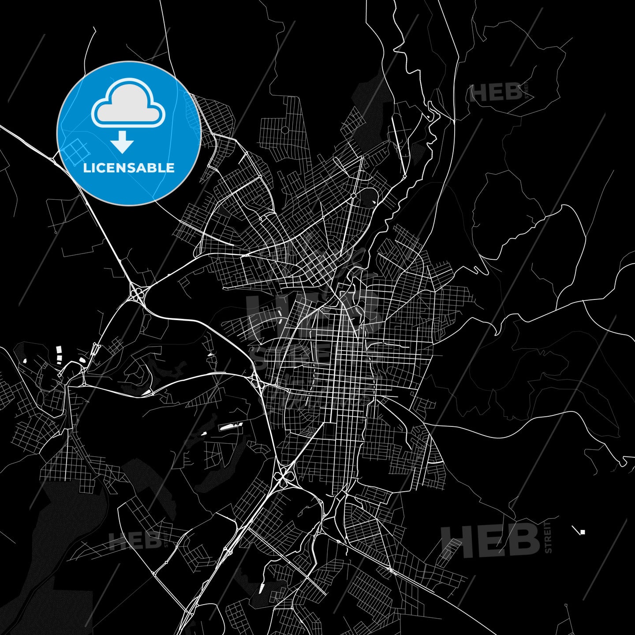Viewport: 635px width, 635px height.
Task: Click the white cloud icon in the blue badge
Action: [128, 103]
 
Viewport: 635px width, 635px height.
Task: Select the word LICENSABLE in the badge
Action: [129, 168]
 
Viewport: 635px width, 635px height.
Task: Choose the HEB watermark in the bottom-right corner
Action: [489, 540]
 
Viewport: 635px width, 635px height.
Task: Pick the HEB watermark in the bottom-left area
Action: [134, 541]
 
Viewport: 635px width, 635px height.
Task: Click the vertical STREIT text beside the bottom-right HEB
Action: [548, 537]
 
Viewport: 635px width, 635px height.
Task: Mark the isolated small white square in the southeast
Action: [583, 532]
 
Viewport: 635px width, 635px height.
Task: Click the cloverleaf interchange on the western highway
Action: [138, 292]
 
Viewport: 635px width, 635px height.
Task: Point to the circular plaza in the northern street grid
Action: [285, 130]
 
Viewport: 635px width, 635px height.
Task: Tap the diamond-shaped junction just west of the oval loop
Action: [353, 194]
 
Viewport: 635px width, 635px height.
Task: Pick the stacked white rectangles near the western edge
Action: [59, 354]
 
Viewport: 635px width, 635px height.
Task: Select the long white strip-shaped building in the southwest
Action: [230, 426]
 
